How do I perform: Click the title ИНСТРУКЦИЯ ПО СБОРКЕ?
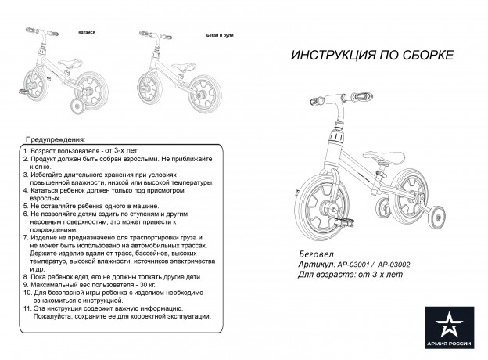(371, 56)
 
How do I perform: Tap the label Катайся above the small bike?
(87, 34)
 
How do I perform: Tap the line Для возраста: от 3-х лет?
(351, 275)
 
